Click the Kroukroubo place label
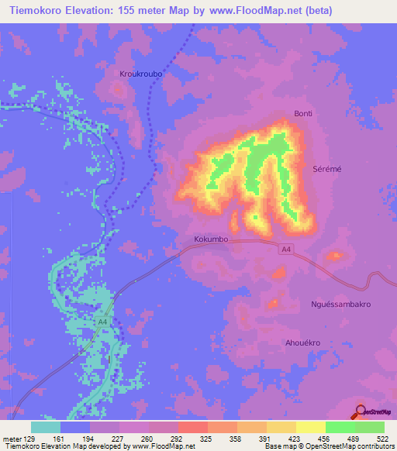(x=140, y=74)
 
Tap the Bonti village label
(x=302, y=114)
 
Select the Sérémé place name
(x=326, y=169)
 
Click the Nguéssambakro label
(x=340, y=305)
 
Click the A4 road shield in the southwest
(x=103, y=322)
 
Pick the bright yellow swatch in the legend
(x=310, y=427)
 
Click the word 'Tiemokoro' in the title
(x=36, y=10)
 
